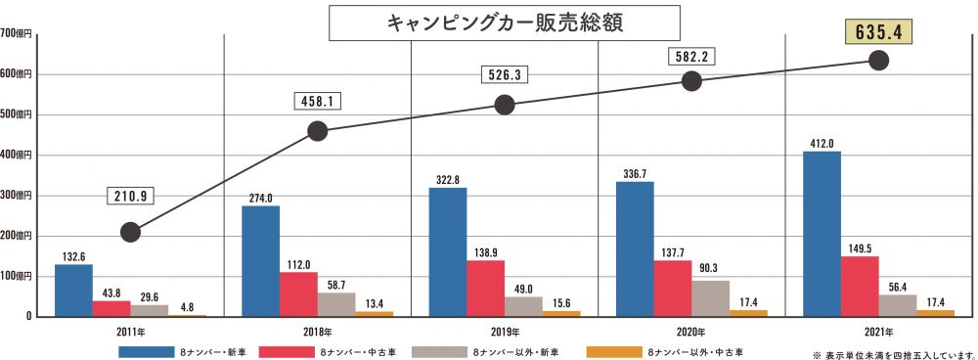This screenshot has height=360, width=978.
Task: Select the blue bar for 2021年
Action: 821,234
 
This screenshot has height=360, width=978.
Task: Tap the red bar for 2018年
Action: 298,293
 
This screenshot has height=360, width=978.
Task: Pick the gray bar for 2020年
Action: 710,298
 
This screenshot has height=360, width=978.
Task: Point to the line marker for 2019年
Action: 505,105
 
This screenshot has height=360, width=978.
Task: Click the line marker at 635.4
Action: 878,61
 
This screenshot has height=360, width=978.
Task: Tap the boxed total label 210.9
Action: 130,197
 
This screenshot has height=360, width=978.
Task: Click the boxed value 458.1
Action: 318,101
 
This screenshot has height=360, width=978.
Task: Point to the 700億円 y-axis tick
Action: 17,33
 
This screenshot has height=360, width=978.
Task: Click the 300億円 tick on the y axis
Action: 17,196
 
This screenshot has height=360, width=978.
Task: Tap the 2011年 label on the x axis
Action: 130,333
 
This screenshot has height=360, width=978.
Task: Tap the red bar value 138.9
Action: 485,252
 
